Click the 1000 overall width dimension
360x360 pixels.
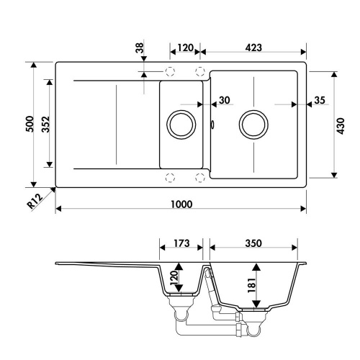[181, 204]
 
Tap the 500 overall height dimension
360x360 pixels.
[30, 124]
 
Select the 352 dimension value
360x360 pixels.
[45, 125]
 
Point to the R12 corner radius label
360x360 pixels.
[35, 201]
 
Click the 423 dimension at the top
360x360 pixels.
[253, 48]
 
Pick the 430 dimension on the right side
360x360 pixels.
[341, 126]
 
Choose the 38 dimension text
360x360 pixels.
[140, 48]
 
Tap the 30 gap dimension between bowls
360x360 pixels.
[225, 100]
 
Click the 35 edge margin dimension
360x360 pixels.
[320, 100]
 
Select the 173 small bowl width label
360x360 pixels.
[181, 243]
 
